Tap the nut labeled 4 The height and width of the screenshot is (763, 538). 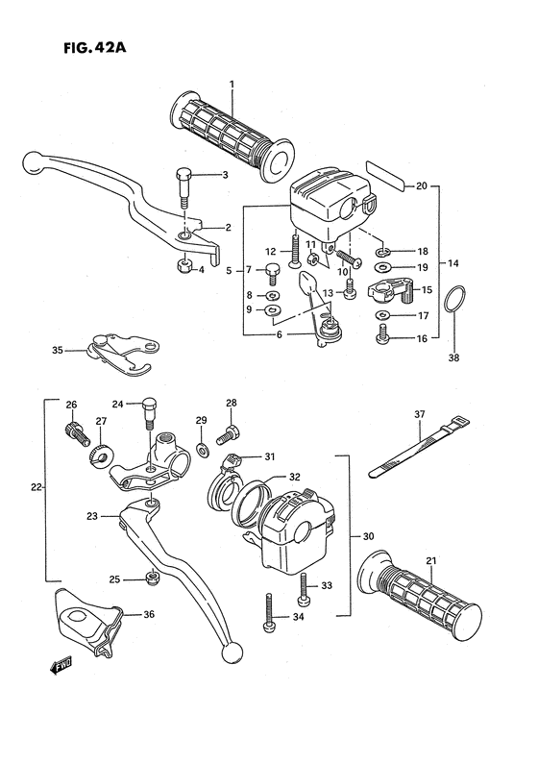183,267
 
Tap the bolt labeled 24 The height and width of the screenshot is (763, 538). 148,415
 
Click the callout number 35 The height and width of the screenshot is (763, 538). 58,352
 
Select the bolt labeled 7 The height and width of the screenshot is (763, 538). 274,271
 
